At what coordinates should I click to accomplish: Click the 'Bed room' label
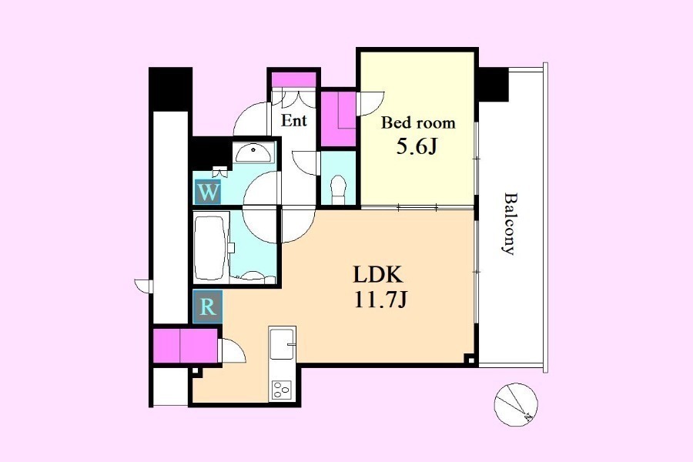tap(418, 122)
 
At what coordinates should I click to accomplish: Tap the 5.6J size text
tap(417, 147)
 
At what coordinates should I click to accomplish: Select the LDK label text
tap(378, 275)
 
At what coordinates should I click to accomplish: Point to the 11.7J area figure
tap(380, 300)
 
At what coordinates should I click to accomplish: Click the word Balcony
tap(510, 223)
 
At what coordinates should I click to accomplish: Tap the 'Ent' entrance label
tap(294, 120)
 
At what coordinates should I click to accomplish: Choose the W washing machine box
tap(208, 192)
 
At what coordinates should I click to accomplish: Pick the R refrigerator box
tap(208, 306)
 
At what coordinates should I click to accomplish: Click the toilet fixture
tap(339, 189)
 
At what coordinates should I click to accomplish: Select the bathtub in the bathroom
tap(211, 246)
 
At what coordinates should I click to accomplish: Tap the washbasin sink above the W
tap(253, 152)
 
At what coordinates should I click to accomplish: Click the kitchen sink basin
tap(283, 343)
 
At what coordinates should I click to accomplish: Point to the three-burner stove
tap(282, 390)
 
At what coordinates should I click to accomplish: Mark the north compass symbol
tap(516, 404)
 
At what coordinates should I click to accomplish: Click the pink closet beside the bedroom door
tap(338, 119)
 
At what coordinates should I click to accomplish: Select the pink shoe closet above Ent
tap(293, 79)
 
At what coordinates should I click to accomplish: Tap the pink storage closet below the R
tap(186, 345)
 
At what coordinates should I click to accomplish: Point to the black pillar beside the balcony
tap(494, 85)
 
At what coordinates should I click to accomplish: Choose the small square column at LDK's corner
tap(470, 360)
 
